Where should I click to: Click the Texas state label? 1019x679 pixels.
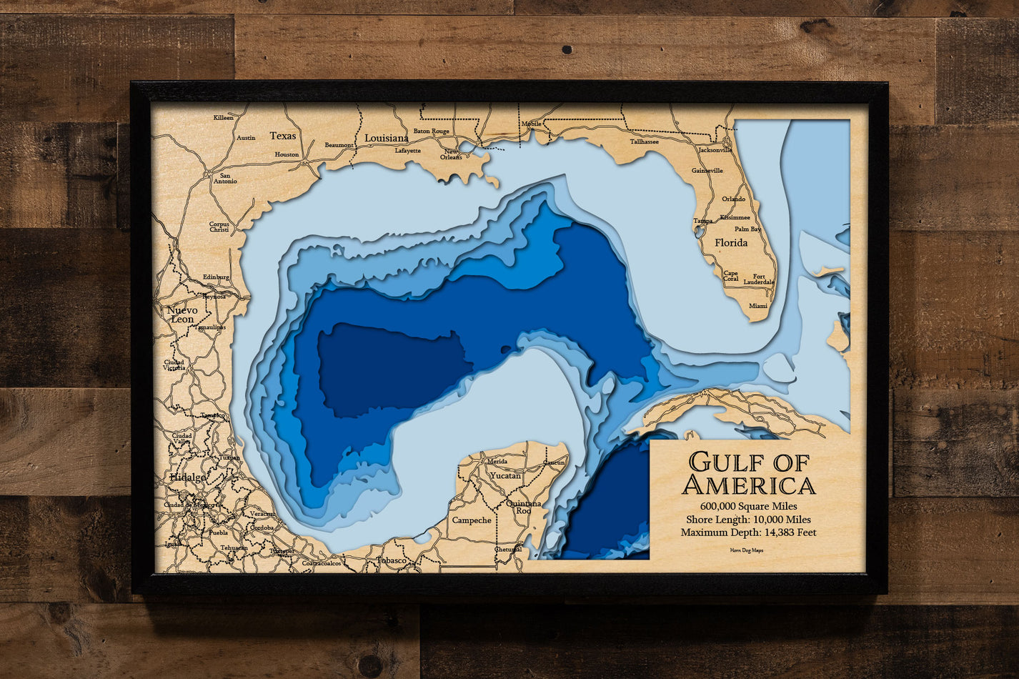283,136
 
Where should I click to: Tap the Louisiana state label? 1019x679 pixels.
387,138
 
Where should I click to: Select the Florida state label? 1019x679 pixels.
731,243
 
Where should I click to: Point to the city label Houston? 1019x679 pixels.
287,154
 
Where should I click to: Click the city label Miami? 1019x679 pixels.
758,306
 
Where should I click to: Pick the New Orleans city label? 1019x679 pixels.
451,154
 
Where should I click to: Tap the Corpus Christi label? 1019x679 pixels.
219,227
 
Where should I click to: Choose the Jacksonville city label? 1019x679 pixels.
715,150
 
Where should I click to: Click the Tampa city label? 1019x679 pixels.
702,221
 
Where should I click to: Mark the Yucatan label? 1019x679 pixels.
505,475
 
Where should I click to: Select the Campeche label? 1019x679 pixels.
472,520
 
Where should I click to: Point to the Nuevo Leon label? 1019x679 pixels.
182,314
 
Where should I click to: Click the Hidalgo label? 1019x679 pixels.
188,477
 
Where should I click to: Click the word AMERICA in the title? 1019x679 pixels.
748,486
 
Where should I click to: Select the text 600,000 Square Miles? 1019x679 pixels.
748,506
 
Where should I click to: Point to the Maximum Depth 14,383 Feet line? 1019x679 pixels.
748,532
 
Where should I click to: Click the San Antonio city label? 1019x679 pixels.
224,178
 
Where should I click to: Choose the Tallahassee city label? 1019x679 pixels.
644,142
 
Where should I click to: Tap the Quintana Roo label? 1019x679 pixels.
524,507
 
